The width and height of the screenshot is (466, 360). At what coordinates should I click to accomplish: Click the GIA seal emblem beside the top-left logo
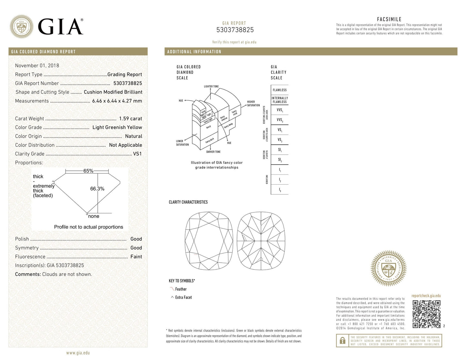point(21,26)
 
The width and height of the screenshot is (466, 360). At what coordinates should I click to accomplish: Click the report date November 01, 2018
point(37,65)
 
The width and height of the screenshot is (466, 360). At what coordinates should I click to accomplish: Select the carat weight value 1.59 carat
point(130,119)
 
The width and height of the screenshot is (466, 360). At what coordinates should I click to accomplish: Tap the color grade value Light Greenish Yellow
point(117,127)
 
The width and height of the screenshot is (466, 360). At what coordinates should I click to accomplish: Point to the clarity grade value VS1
point(137,154)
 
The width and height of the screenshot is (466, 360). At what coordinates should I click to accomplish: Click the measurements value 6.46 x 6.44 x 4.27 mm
point(117,101)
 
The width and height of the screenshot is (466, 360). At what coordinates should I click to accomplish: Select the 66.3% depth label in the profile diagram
point(97,189)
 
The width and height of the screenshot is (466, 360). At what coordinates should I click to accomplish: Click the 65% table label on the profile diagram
point(88,171)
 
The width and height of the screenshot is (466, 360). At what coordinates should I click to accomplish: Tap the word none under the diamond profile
point(94,216)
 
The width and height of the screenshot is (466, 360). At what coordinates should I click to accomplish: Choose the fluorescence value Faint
point(136,257)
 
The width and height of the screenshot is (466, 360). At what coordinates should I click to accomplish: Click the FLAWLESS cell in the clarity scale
point(279,90)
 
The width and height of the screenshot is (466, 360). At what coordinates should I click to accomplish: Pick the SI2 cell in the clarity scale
point(280,160)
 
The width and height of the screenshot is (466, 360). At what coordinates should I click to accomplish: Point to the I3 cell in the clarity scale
point(280,190)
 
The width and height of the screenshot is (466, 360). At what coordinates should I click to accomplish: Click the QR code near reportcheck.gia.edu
point(426,314)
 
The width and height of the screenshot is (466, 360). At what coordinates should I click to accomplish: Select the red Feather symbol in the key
point(172,289)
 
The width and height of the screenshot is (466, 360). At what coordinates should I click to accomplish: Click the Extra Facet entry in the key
point(183,297)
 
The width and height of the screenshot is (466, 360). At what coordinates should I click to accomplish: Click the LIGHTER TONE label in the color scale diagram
point(211,86)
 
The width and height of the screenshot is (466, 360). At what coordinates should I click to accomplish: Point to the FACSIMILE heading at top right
point(389,19)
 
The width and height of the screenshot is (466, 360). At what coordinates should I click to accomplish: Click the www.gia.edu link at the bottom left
point(78,353)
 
